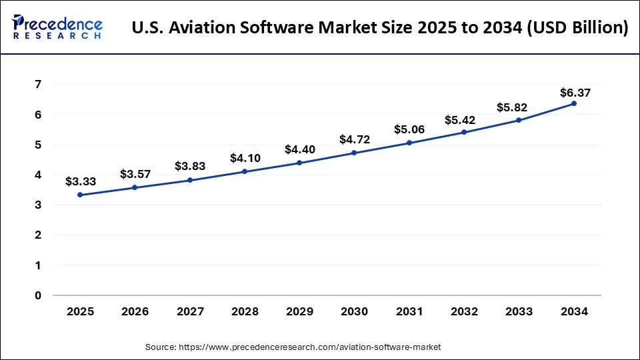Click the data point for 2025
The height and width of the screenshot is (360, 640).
[80, 195]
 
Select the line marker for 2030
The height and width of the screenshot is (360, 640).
[354, 153]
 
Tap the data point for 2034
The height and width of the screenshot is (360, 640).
[573, 103]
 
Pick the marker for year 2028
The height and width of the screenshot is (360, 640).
[245, 171]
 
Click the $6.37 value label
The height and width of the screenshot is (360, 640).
[575, 92]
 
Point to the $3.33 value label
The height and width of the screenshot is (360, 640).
[81, 181]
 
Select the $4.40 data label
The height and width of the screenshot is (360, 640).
[300, 149]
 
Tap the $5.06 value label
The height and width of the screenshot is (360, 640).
[409, 129]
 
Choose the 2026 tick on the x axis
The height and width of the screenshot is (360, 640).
[135, 311]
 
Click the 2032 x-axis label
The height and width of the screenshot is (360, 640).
[464, 311]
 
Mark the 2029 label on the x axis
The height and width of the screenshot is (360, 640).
[299, 311]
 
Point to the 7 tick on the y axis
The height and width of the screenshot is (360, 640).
[38, 85]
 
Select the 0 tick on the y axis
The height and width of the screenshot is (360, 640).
[38, 295]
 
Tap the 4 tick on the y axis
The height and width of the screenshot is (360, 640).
[38, 175]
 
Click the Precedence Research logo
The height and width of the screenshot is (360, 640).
[57, 26]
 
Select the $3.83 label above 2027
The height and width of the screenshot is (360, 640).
[190, 167]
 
